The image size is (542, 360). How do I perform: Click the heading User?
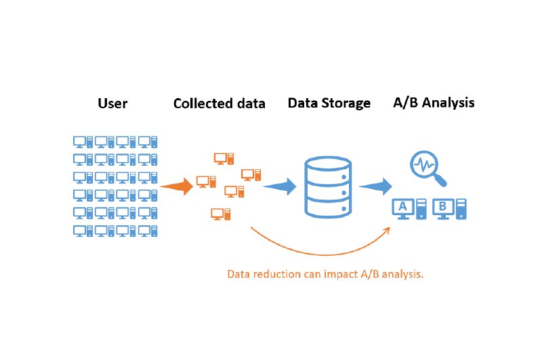click(x=112, y=104)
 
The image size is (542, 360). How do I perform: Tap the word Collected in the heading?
click(x=199, y=104)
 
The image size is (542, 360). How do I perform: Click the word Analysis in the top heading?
click(x=449, y=102)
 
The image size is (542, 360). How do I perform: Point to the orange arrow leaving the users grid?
click(x=177, y=186)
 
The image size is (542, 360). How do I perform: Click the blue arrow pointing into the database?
click(x=280, y=186)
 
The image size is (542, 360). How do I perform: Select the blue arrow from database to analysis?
click(x=376, y=186)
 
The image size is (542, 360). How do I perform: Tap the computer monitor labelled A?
click(x=403, y=209)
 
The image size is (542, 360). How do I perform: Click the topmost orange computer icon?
click(x=224, y=158)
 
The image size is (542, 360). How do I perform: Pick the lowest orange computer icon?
click(x=221, y=214)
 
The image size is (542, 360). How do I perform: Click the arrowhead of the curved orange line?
click(x=388, y=230)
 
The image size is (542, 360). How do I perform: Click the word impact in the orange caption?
click(x=341, y=275)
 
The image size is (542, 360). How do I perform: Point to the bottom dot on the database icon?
click(x=344, y=209)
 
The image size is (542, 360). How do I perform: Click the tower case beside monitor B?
click(x=461, y=209)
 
